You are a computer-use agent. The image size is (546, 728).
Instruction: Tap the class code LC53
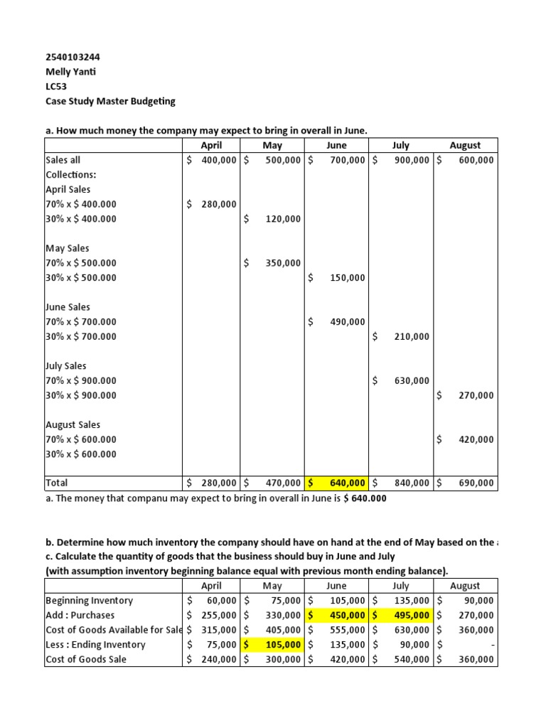56,86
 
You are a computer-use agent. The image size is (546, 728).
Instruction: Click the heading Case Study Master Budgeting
109,101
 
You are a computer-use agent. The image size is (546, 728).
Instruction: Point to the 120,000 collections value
284,220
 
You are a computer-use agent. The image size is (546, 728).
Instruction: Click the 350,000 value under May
284,263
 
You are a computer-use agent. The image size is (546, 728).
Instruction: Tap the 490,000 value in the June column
348,322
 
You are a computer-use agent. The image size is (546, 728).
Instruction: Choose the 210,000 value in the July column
412,337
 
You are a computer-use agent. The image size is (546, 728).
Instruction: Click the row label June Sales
68,307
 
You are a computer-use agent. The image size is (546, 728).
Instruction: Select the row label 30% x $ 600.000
81,454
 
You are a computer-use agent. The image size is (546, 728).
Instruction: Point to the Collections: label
71,175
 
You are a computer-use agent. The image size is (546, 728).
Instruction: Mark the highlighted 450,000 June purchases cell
338,616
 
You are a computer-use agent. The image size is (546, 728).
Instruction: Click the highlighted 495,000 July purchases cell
402,616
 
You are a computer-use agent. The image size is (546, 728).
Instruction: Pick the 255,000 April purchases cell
212,616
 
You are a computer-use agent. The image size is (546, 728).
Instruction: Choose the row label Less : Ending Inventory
95,645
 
